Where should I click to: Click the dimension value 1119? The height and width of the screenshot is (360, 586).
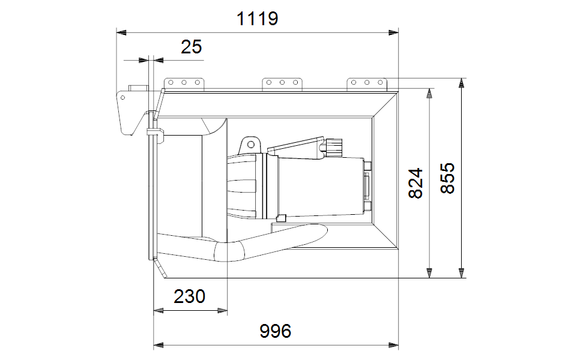[x=258, y=18]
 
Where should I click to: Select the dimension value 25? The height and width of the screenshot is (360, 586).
[x=192, y=47]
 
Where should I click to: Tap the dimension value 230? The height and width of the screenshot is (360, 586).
[x=190, y=296]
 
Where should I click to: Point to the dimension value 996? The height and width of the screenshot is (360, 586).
[x=276, y=331]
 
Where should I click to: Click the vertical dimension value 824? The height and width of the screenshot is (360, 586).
[x=416, y=184]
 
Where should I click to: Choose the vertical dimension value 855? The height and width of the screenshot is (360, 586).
[x=448, y=178]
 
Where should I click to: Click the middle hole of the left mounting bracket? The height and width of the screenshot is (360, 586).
[x=184, y=83]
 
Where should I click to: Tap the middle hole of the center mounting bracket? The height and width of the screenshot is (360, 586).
[x=282, y=83]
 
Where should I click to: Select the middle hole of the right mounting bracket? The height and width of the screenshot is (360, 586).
[x=367, y=83]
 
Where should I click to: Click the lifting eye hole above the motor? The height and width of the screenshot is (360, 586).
[x=251, y=145]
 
